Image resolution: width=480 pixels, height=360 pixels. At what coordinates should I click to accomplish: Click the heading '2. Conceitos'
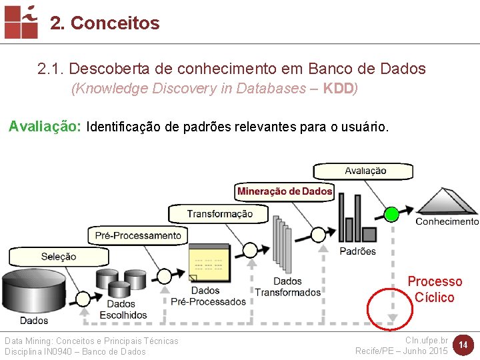click(105, 23)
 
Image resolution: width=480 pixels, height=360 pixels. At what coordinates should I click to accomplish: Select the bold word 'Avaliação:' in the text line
click(45, 127)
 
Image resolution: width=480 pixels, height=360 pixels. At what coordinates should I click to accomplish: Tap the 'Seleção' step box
click(59, 257)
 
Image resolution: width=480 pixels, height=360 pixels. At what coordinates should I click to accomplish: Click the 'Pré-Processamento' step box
click(138, 235)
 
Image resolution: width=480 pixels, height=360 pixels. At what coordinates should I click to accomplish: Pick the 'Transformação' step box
click(219, 214)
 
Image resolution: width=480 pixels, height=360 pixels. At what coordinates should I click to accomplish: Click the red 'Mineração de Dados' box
click(285, 191)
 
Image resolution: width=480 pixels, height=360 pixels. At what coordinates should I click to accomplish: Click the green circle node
click(391, 214)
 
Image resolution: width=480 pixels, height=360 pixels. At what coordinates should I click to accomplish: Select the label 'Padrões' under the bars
click(357, 251)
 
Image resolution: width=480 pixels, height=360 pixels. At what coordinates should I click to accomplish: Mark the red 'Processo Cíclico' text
click(435, 289)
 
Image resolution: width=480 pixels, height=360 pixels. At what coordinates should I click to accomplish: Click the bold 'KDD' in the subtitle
click(339, 89)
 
